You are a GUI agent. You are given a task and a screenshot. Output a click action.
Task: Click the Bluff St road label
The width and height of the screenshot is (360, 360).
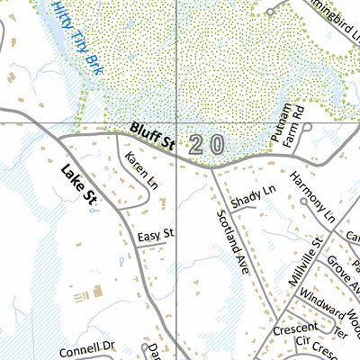coord(151,136)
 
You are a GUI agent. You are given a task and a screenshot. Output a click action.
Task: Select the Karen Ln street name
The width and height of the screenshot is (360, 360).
coord(136,168)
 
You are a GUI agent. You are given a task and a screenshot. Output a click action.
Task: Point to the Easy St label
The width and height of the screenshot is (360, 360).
coord(155,235)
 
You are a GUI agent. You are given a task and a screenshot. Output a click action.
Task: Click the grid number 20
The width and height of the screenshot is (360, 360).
coord(206,144)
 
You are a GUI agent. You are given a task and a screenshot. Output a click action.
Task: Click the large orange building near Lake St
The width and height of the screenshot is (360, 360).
coord(97,291)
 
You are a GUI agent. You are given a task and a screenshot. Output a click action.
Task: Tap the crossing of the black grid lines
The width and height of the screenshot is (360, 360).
coord(176,121)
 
